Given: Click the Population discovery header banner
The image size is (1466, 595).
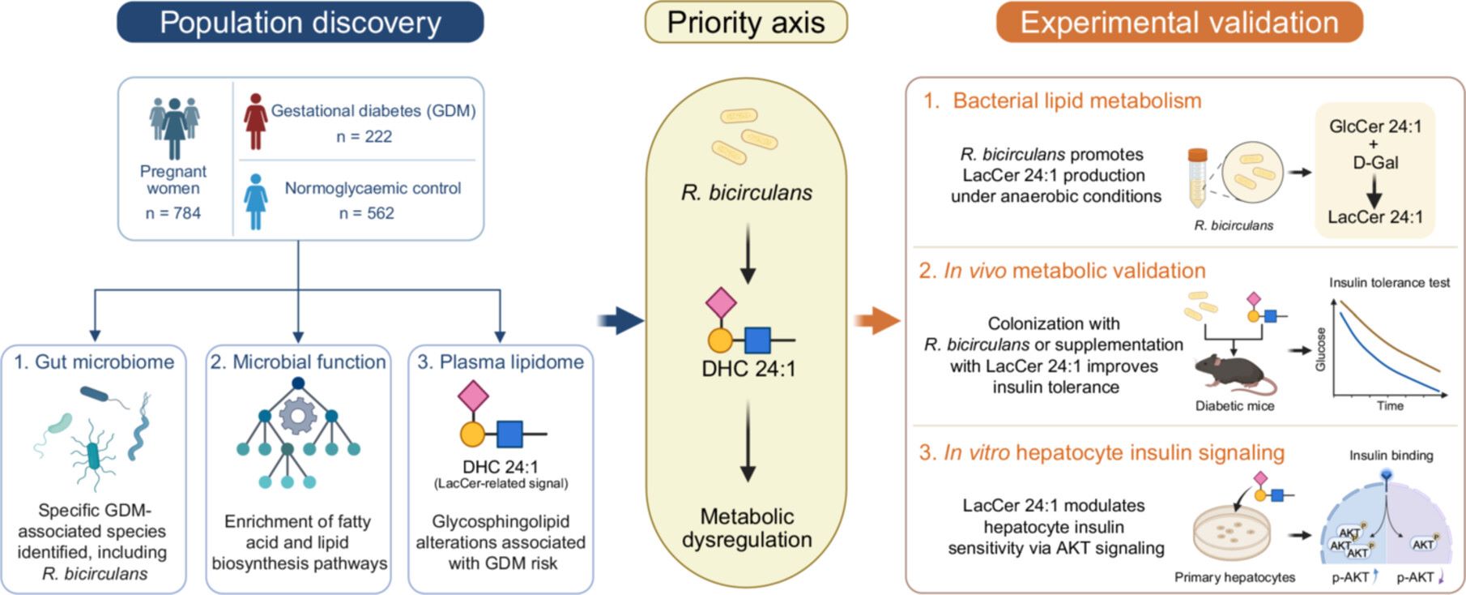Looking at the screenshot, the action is (300, 22).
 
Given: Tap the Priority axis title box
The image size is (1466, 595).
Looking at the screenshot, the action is (746, 22).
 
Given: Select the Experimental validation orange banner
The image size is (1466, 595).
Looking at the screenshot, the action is (1179, 22).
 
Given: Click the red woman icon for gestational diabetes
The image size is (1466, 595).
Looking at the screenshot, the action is (256, 122).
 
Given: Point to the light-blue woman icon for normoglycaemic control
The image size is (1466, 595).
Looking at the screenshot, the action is (256, 202).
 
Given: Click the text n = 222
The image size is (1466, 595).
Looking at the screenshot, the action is (364, 136).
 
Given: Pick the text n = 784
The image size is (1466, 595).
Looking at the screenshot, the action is (173, 213).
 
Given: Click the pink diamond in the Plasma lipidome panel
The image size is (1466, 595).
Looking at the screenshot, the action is (473, 396).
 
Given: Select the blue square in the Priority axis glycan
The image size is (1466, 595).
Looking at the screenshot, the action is (757, 340).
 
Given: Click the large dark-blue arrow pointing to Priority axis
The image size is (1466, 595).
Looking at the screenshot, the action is (620, 321).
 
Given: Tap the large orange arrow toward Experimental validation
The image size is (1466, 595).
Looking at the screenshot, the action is (877, 320).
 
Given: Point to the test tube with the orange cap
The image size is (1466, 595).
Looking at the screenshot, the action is (1196, 178).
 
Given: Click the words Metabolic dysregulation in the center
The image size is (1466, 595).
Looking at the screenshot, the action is (747, 528).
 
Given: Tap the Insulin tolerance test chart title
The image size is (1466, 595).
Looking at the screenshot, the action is (1389, 283).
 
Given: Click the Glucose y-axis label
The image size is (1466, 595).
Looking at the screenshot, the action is (1321, 349).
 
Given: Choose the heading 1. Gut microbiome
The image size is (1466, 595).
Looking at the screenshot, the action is (94, 362).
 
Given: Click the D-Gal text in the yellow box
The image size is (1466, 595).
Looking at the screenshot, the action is (1375, 162).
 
